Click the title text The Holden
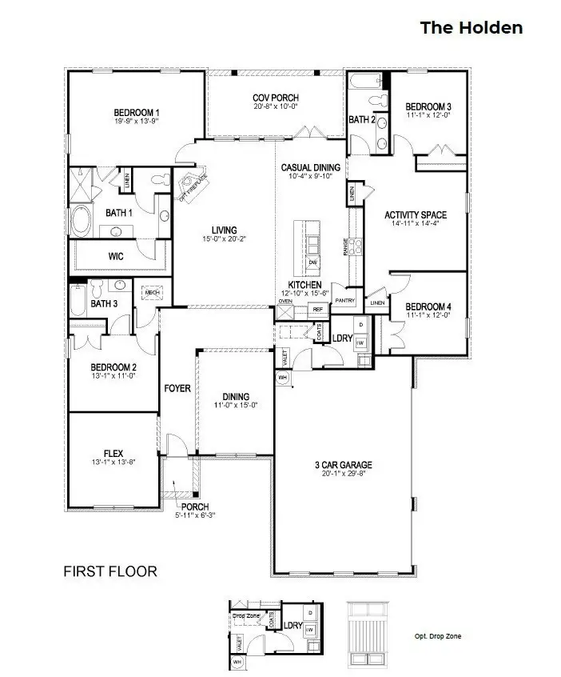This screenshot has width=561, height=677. pos(471,28)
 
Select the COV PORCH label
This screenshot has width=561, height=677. pos(276,98)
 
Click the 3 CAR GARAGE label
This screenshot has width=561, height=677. pos(344,465)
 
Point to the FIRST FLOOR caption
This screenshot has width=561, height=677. pos(109,571)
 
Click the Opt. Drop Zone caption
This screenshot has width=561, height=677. pos(437,637)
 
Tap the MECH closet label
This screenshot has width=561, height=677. pos(153,293)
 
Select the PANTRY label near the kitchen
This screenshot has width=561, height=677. pos(344,300)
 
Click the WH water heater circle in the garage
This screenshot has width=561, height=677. pos(283,376)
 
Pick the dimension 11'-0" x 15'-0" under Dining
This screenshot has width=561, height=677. pos(237,405)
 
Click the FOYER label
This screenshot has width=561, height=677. pos(177,388)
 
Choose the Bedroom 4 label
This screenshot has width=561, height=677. pos(428,306)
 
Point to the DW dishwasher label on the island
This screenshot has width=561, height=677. pos(313,262)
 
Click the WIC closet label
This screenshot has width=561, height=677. pos(115,257)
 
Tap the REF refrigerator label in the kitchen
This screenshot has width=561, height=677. pos(317,309)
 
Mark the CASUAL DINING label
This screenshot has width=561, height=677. pos(311,167)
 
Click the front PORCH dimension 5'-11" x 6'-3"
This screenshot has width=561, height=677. pos(195,515)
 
